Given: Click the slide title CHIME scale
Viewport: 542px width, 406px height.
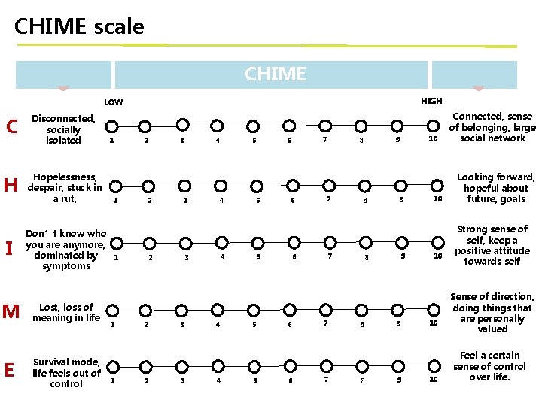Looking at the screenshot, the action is [x=79, y=27].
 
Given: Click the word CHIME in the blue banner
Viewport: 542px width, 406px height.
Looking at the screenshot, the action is [x=275, y=74].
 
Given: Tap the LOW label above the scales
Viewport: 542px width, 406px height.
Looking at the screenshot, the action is [x=113, y=102].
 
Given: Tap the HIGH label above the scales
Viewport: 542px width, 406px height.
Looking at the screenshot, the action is [x=431, y=101].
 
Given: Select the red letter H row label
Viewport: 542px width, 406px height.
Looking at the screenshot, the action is [x=11, y=186].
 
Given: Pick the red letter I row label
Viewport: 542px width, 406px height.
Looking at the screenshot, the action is [x=10, y=247].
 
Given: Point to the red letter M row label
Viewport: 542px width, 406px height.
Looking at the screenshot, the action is [x=11, y=311].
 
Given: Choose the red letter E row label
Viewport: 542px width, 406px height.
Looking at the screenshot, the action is [x=10, y=371].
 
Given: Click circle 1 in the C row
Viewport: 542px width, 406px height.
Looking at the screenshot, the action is [x=108, y=126].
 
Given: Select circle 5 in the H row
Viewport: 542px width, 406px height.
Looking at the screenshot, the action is [x=256, y=186].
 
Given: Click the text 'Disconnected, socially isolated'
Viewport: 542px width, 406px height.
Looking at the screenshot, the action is [x=63, y=129].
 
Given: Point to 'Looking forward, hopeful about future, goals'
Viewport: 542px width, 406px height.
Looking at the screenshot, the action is [x=495, y=189].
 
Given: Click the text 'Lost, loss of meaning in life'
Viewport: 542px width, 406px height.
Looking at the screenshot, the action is [x=66, y=312].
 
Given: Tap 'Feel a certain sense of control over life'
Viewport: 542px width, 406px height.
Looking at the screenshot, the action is [x=489, y=366].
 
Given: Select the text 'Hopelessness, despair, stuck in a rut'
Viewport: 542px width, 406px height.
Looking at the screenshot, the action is [x=64, y=188].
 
